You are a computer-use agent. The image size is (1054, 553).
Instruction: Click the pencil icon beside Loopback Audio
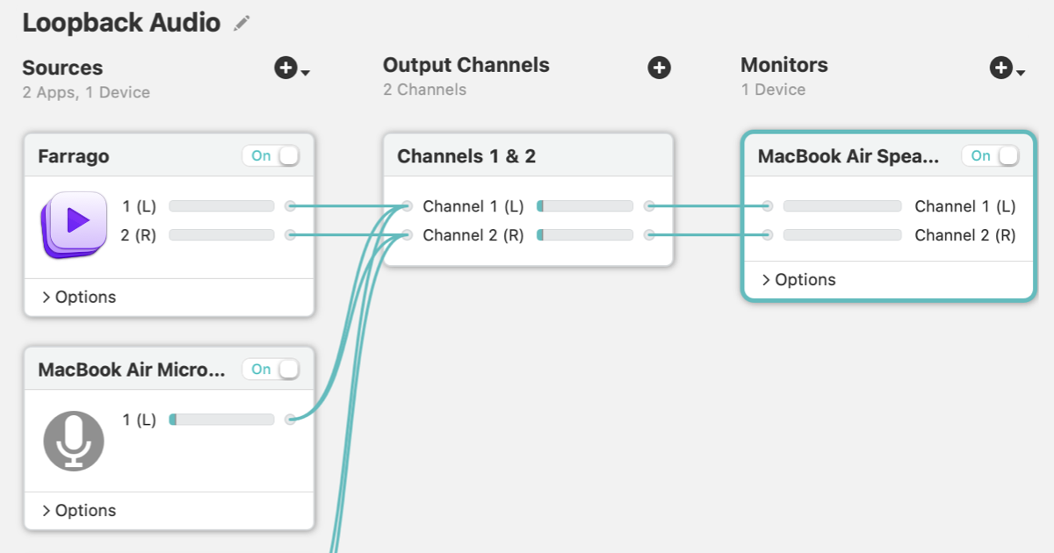click(x=242, y=23)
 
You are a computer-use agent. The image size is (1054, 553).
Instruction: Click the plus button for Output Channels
click(x=659, y=68)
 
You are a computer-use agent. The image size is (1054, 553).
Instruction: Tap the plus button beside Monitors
click(x=1000, y=68)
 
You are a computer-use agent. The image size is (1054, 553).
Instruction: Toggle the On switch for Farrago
click(x=271, y=155)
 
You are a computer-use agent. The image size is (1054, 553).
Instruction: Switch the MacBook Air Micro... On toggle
click(x=271, y=370)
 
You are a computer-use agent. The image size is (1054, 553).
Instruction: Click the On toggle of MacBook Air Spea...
click(x=991, y=155)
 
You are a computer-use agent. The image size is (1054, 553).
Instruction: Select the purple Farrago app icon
click(x=75, y=225)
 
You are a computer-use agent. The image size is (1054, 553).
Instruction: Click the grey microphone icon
click(x=74, y=441)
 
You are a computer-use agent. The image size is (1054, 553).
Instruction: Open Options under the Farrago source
click(x=79, y=298)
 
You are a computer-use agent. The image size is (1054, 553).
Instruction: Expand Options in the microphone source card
click(x=79, y=511)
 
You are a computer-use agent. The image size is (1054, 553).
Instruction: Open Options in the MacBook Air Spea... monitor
click(x=799, y=280)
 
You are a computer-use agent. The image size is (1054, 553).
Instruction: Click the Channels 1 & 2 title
click(x=466, y=156)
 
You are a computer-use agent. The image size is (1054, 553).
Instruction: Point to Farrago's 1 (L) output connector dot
click(x=291, y=206)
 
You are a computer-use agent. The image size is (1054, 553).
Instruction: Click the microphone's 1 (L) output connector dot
click(x=291, y=419)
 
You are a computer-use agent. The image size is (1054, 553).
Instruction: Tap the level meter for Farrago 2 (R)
click(x=221, y=234)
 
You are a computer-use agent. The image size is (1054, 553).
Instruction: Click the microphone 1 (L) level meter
click(x=221, y=420)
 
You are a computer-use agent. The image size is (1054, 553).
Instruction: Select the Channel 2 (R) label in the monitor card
click(x=965, y=235)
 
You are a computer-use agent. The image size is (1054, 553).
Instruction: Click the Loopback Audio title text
click(x=121, y=23)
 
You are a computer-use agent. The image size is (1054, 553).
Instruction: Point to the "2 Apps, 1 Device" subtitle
click(x=86, y=92)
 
